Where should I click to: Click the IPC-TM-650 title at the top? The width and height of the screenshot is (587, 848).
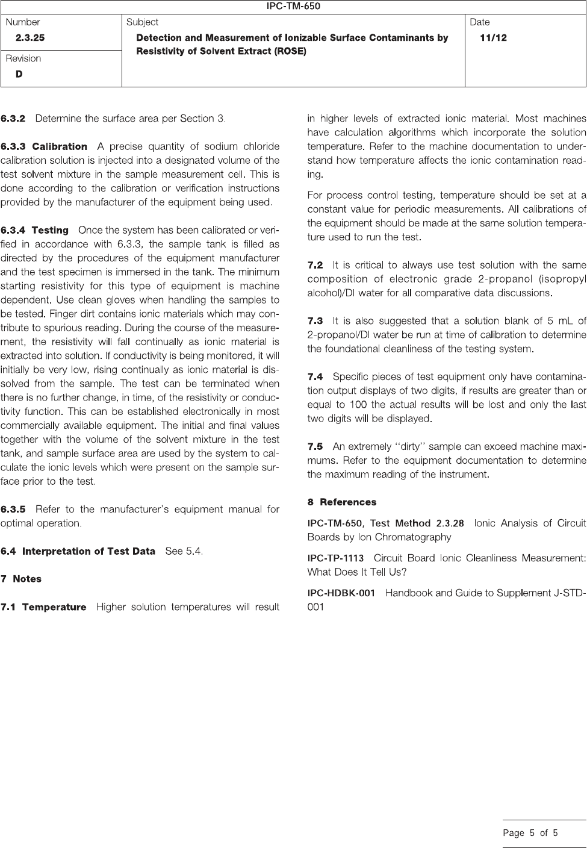(293, 7)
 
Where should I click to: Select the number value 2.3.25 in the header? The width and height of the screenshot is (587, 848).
(30, 38)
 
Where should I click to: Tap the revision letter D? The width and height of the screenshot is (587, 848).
(19, 74)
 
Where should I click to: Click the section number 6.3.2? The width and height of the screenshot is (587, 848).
(13, 119)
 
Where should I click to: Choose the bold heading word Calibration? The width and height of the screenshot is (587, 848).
(60, 146)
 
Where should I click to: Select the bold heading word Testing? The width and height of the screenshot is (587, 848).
(50, 230)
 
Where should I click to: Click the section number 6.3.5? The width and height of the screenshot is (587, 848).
(13, 510)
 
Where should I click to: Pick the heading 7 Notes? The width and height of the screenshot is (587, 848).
(21, 579)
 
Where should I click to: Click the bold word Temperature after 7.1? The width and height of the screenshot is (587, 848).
(54, 607)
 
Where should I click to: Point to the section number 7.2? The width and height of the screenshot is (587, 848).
(315, 265)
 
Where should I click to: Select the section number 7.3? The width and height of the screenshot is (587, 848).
(315, 321)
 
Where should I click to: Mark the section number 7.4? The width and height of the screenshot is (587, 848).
(315, 377)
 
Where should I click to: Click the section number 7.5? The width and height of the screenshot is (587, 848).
(315, 447)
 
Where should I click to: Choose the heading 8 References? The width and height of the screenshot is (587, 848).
(342, 502)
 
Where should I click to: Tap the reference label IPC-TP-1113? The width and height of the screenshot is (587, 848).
(335, 558)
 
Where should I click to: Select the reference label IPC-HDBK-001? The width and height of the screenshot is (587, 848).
(341, 593)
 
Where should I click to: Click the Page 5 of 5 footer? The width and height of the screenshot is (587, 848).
(530, 833)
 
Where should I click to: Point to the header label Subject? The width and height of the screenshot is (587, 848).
(143, 22)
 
